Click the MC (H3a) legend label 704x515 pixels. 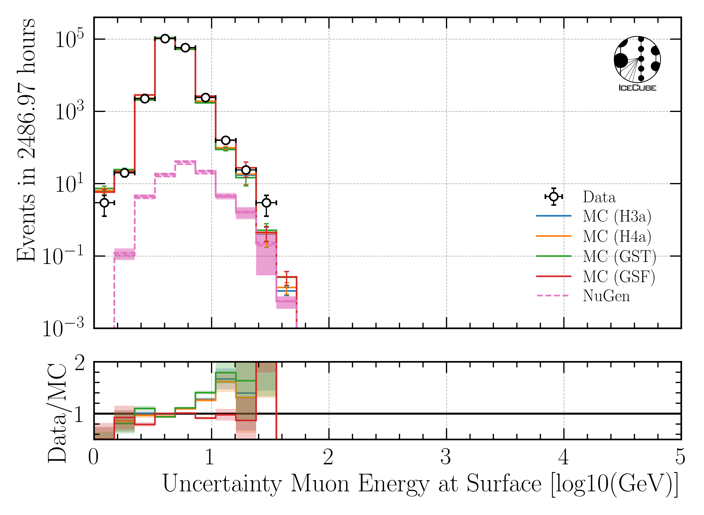[x=617, y=216]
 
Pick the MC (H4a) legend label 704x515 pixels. [x=617, y=236]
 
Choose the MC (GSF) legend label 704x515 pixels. [x=619, y=276]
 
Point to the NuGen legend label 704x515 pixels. [x=606, y=296]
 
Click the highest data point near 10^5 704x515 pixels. [x=165, y=39]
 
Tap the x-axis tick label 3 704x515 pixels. [x=446, y=458]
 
